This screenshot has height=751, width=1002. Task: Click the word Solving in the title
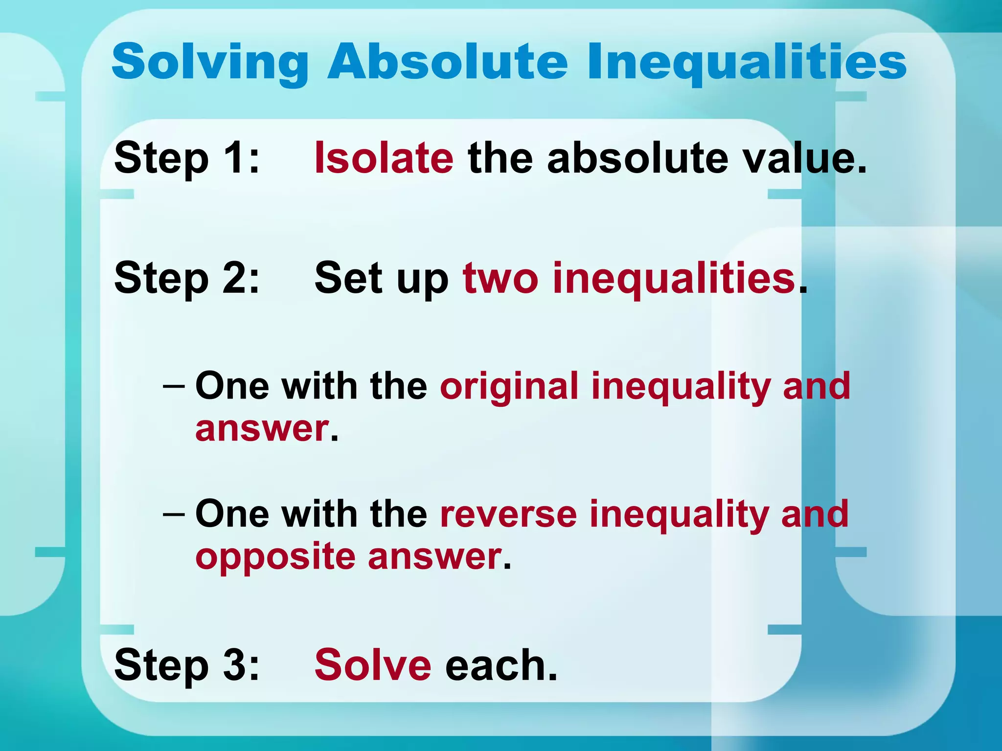(x=210, y=63)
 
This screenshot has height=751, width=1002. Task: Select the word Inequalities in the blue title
(x=746, y=63)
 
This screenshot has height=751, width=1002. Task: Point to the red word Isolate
(x=384, y=158)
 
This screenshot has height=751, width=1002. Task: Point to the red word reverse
(x=508, y=514)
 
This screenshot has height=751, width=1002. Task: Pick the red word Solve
(x=373, y=665)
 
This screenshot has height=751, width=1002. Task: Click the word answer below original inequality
(x=262, y=429)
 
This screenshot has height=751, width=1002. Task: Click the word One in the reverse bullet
(x=232, y=514)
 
